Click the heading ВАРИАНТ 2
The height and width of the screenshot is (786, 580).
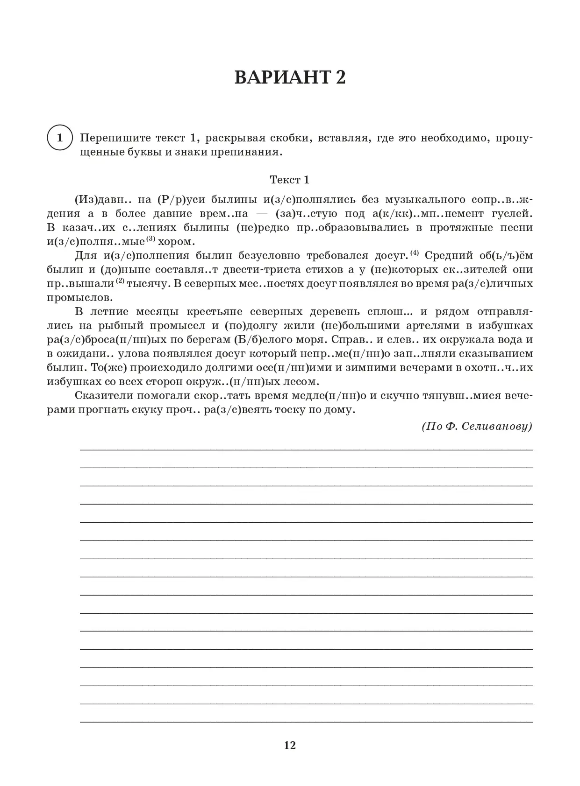click(290, 77)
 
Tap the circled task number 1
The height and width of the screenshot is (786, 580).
click(59, 138)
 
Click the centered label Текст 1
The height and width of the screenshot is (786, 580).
click(290, 180)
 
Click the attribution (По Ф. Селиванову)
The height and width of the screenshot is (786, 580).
click(477, 426)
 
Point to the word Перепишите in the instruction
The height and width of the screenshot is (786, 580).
click(109, 138)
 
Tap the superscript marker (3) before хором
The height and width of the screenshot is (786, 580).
click(150, 239)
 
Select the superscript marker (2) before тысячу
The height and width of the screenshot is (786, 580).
click(120, 281)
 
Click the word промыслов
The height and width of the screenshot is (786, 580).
click(79, 298)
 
